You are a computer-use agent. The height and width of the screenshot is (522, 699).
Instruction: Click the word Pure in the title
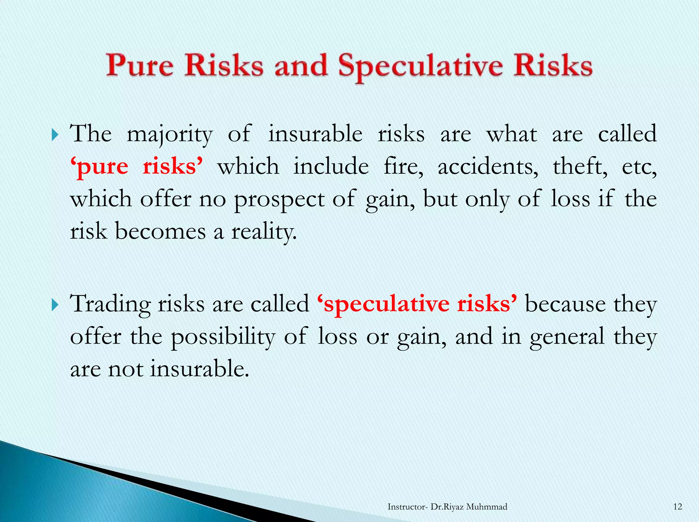(x=140, y=66)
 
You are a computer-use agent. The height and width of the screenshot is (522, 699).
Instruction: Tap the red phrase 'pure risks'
(x=137, y=166)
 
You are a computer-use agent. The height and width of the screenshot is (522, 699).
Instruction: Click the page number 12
(x=677, y=507)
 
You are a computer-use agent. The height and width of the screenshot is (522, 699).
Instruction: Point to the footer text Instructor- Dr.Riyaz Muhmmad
(x=447, y=507)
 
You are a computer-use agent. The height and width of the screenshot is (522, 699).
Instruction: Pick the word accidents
(x=488, y=166)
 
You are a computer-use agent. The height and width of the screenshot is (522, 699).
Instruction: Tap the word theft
(x=580, y=166)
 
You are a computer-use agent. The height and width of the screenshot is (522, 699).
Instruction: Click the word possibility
(x=223, y=337)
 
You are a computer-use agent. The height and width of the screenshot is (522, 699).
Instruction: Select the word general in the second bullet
(x=567, y=337)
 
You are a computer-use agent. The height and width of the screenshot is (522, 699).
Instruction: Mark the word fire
(x=403, y=166)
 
